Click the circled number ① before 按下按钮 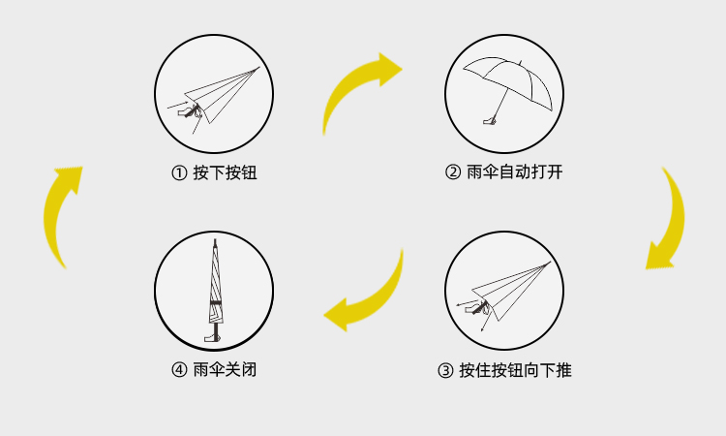(x=179, y=172)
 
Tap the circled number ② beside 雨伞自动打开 (x=453, y=171)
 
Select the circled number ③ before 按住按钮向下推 (x=445, y=370)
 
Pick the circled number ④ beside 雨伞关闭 (x=179, y=370)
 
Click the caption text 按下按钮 (x=225, y=172)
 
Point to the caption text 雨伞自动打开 (x=515, y=171)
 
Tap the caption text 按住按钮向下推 (x=515, y=370)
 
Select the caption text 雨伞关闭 (x=225, y=370)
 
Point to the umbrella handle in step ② (x=490, y=121)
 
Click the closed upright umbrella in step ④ (x=214, y=290)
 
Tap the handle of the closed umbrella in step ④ (x=213, y=335)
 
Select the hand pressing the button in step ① (x=189, y=111)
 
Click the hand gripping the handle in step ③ (x=478, y=308)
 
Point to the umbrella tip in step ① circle (x=257, y=68)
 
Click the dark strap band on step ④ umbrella (x=215, y=303)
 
